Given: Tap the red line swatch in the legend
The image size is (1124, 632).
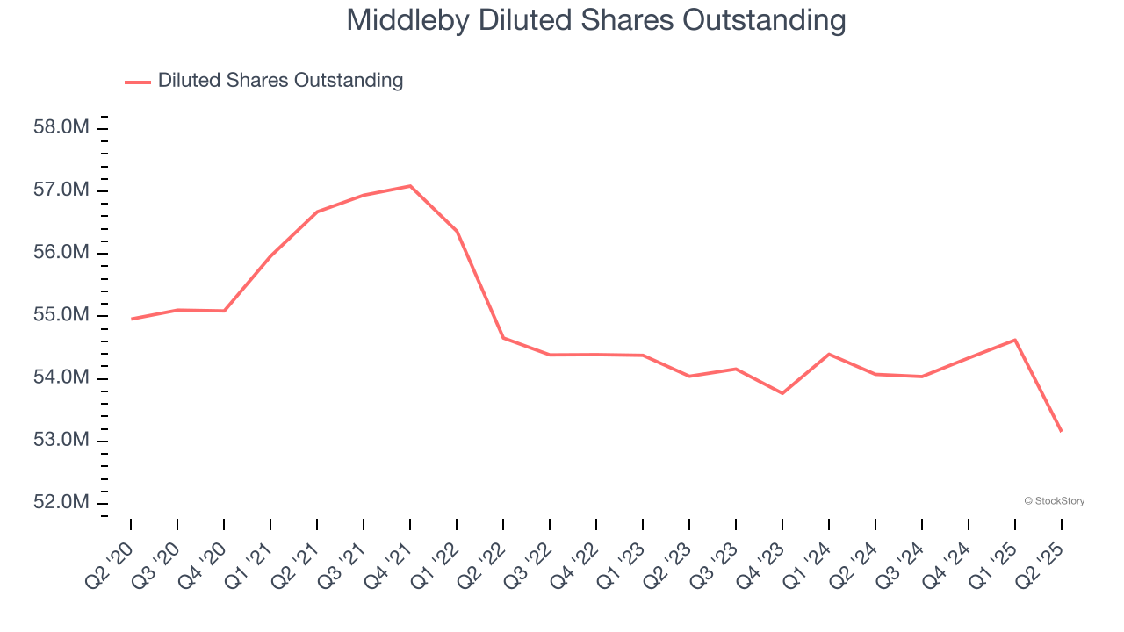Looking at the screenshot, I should click(138, 82).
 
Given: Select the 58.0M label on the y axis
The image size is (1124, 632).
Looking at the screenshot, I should click(61, 128).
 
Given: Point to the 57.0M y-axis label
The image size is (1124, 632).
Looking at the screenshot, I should click(61, 190).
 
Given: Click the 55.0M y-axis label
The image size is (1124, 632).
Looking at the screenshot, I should click(61, 315).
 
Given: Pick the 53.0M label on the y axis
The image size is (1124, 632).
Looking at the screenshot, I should click(61, 440).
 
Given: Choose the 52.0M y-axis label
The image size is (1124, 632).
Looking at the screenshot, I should click(61, 502).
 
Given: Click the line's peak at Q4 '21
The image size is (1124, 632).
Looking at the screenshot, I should click(410, 186).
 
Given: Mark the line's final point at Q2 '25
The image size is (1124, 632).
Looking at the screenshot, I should click(1062, 431).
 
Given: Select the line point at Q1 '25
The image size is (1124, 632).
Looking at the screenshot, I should click(1015, 340).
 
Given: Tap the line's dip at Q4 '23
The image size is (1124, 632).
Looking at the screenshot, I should click(782, 393).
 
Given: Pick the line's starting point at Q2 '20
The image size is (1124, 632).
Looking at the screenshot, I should click(131, 319).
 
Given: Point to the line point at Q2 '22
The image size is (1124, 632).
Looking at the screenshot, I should click(503, 338).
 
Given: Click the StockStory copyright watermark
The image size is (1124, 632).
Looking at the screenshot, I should click(1054, 501).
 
